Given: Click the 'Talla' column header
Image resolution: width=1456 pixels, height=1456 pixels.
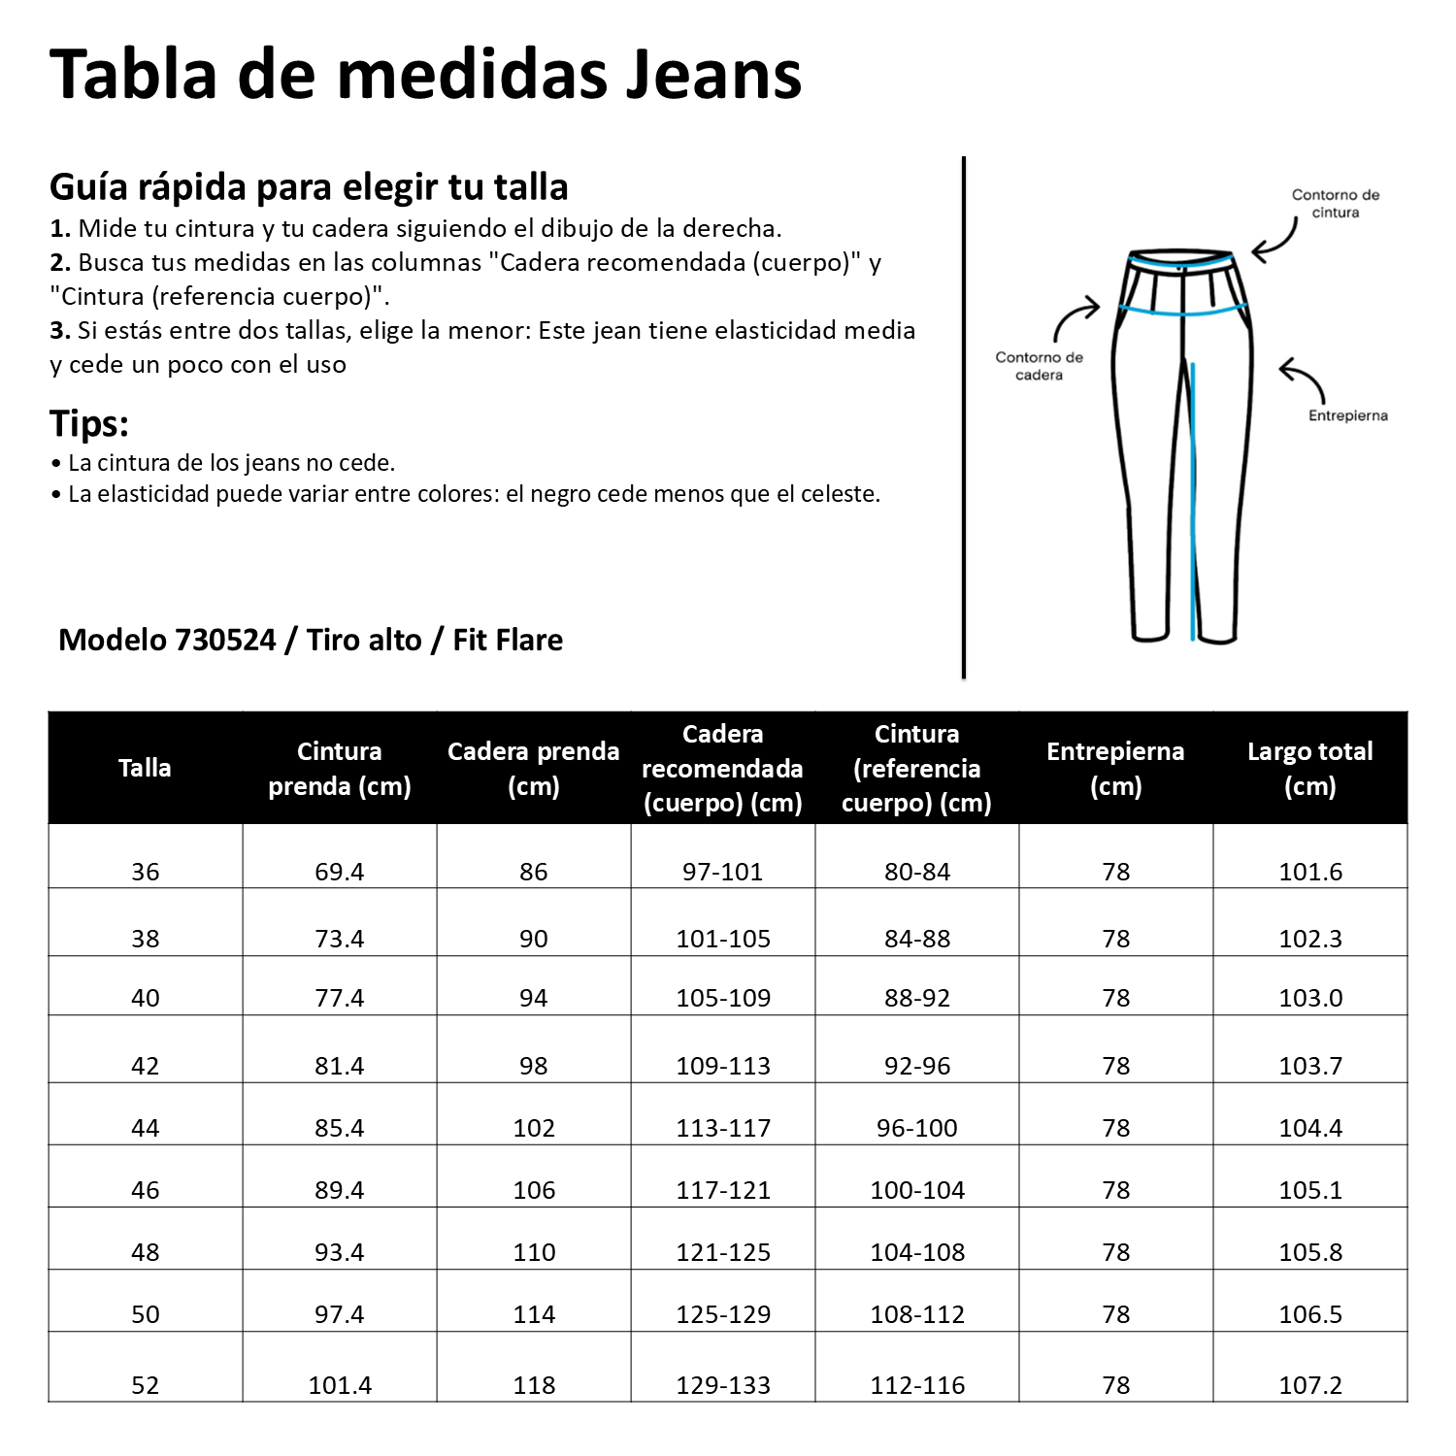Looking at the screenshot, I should [145, 768].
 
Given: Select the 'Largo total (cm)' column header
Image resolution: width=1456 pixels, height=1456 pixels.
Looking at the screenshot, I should [1309, 768].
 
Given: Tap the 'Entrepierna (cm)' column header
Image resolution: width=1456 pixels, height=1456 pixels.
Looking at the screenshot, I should [1115, 768].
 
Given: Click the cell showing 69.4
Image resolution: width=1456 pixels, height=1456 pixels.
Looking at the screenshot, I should [339, 872].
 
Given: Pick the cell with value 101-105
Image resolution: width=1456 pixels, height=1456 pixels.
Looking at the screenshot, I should [723, 939].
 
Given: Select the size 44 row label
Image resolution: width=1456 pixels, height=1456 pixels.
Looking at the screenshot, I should [145, 1128].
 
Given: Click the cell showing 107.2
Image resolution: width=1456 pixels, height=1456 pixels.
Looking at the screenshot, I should [1310, 1385].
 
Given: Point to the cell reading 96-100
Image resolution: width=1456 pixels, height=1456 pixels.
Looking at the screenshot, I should [917, 1128].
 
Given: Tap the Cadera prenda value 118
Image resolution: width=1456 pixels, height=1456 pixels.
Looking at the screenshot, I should [534, 1385].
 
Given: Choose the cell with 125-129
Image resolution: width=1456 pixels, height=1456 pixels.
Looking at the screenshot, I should [723, 1314].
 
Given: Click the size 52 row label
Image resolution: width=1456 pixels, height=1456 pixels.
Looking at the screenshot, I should [145, 1385].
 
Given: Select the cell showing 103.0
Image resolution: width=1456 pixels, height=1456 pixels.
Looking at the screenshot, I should [1310, 998].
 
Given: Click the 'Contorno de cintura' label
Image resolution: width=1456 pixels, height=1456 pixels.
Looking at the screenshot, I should [1335, 203].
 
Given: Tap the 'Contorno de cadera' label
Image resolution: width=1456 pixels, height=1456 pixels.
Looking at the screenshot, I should [1039, 366].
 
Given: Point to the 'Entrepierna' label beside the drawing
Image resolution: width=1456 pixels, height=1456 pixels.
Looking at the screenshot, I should [1347, 415].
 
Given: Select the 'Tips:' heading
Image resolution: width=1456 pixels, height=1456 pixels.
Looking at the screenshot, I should [89, 424].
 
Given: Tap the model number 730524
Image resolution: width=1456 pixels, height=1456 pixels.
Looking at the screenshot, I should [225, 640].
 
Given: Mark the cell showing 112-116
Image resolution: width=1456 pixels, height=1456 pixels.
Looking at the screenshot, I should [917, 1385].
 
